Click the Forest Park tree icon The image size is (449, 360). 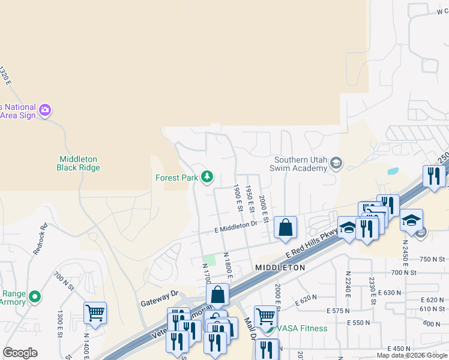206,176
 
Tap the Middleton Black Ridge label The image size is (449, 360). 77,163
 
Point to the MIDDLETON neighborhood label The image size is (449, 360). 280,267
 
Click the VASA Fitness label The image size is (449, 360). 301,328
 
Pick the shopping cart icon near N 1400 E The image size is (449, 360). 95,312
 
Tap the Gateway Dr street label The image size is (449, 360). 158,294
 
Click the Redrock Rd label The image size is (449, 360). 41,239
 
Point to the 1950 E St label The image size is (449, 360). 249,199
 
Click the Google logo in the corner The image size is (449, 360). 20,352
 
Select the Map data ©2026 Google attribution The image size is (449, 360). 412,355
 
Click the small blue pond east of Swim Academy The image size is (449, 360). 393,170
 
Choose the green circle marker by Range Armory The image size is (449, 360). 35,296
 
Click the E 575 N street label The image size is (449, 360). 339,310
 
